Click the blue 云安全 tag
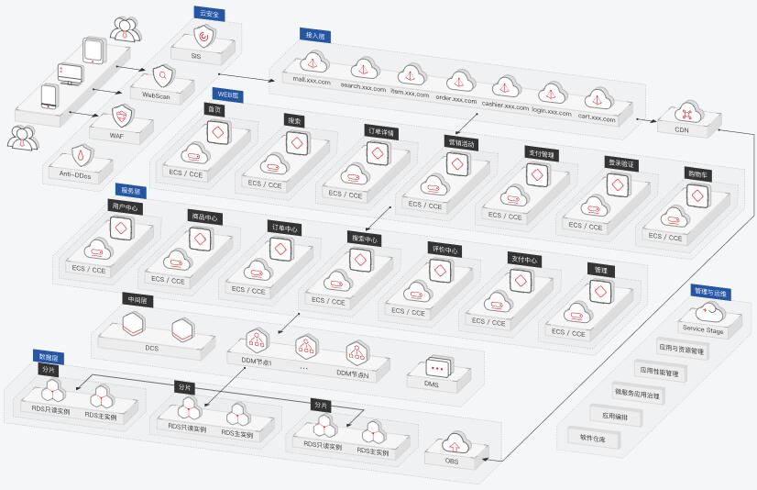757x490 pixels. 209,13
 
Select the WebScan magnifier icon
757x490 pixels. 162,76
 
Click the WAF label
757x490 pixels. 116,135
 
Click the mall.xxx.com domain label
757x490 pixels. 312,80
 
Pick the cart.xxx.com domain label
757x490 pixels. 597,117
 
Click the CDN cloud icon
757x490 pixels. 682,113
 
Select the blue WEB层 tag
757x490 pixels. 226,94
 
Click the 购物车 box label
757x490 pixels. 698,173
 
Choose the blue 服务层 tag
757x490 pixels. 131,191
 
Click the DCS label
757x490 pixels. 151,348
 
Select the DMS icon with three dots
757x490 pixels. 438,368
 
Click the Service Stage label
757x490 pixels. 702,329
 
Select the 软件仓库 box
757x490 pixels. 586,440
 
